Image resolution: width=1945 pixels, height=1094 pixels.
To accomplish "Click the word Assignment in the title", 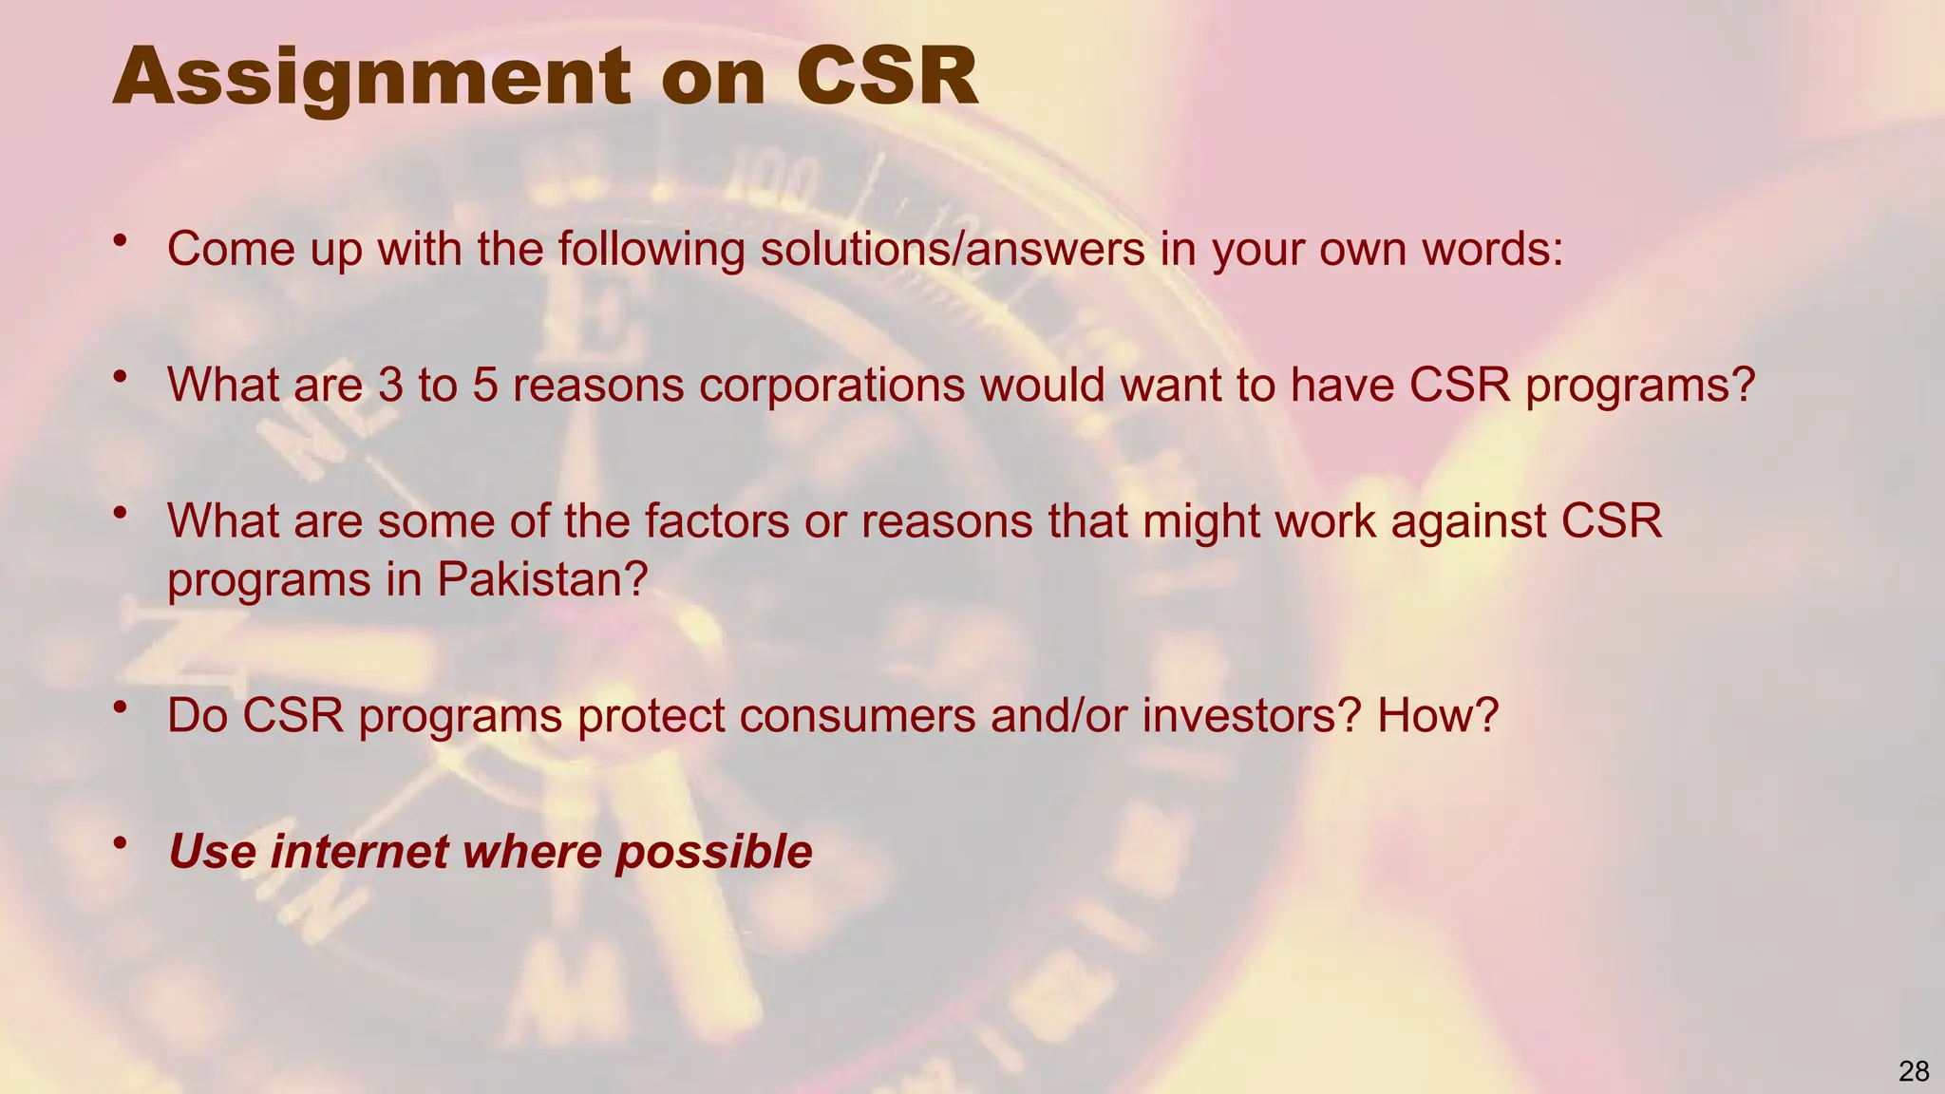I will click(x=370, y=78).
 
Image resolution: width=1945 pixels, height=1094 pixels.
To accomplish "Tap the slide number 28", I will click(x=1914, y=1071).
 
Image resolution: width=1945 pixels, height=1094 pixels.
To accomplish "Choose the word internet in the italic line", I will click(x=359, y=851).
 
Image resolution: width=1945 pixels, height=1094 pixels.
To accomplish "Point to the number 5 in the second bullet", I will click(x=485, y=386).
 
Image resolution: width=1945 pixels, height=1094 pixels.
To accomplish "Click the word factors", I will click(x=704, y=521).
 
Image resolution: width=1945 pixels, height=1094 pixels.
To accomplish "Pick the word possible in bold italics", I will click(x=713, y=851).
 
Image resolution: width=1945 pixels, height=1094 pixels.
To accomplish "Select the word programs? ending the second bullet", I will click(x=1640, y=386).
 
